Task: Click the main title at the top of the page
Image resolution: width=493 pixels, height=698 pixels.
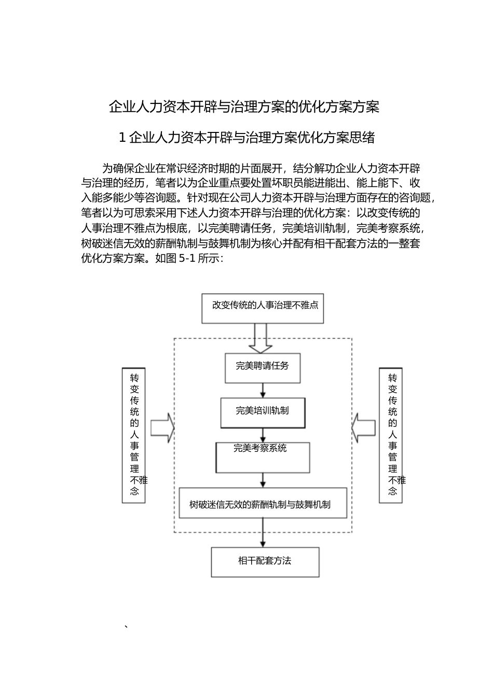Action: click(x=244, y=107)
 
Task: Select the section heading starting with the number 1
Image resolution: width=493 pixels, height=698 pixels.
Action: click(x=246, y=138)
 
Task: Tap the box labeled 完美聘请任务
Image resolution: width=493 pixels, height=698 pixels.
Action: click(x=263, y=368)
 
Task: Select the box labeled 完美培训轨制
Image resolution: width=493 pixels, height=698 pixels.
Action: click(x=263, y=413)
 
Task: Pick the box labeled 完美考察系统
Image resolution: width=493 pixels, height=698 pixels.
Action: click(x=263, y=457)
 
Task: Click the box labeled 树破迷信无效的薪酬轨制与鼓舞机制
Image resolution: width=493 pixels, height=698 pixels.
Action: click(x=263, y=503)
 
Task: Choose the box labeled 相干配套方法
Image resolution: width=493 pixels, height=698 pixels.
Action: click(x=265, y=562)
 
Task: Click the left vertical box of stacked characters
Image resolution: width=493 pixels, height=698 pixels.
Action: click(x=134, y=435)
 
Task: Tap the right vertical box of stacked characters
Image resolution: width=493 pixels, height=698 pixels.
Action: click(x=391, y=435)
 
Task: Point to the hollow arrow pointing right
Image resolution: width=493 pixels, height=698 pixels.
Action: click(x=162, y=428)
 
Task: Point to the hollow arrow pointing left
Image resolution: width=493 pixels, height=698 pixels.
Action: click(x=363, y=428)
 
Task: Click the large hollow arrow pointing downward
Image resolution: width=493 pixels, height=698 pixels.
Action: click(x=260, y=339)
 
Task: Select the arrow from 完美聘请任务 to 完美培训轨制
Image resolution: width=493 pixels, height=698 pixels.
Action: click(x=263, y=391)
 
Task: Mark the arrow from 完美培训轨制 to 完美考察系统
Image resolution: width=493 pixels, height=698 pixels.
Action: click(x=263, y=435)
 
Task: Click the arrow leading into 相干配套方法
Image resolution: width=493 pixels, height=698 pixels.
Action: click(x=263, y=533)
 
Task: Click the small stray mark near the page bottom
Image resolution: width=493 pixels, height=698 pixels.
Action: click(x=126, y=627)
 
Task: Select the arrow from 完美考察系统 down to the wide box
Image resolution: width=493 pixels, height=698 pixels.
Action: click(x=263, y=480)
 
